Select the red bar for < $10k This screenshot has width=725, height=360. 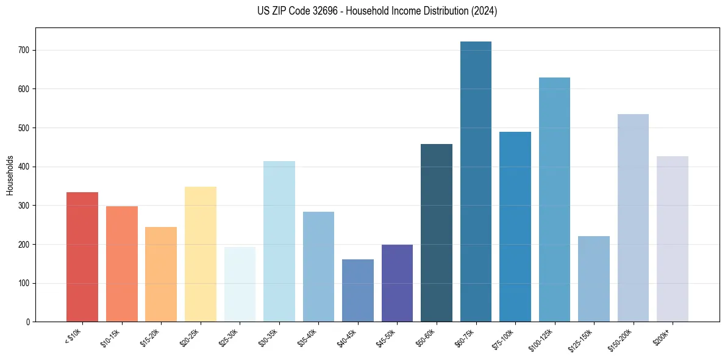[x=82, y=257]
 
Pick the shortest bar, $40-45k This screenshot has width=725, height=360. [x=358, y=290]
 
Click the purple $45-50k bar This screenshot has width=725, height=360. [x=397, y=283]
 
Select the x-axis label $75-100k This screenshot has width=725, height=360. [x=504, y=339]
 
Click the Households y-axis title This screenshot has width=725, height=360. [x=10, y=175]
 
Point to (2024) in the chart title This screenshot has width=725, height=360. [x=485, y=11]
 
